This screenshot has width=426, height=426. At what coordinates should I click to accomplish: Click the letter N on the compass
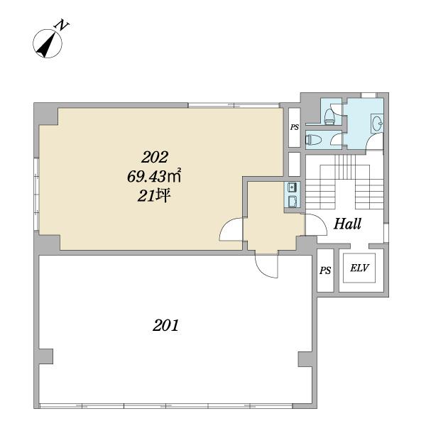point(62,25)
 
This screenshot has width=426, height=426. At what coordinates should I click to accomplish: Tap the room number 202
point(155,157)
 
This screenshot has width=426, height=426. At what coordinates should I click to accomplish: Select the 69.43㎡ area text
point(154,176)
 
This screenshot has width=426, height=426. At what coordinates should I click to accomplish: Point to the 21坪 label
point(154,196)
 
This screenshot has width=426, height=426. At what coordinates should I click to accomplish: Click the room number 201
point(165,325)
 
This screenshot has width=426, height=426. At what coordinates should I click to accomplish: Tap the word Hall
point(347,224)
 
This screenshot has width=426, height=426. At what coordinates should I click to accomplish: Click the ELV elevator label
point(359,268)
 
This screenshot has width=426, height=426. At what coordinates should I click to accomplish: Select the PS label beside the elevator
point(325,271)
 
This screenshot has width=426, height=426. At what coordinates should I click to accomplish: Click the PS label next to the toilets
point(295,127)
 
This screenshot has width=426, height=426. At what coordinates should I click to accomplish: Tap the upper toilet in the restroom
point(329,116)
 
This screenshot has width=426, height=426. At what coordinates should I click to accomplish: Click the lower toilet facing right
point(313,140)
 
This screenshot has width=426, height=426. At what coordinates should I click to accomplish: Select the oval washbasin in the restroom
point(377,123)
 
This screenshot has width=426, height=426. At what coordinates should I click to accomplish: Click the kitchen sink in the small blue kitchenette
point(293,187)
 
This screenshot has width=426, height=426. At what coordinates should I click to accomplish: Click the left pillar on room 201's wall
point(45,356)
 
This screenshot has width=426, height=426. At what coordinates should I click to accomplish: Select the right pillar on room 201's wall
point(305,360)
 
